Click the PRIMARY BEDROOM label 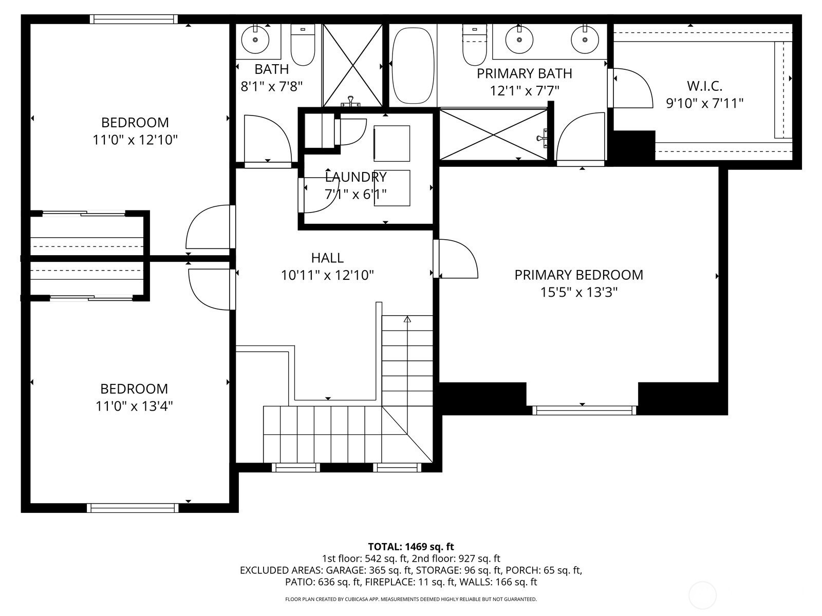[x=578, y=275]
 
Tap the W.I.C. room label [x=704, y=86]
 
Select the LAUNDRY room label [x=356, y=177]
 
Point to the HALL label [x=327, y=258]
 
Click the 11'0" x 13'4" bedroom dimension [x=134, y=406]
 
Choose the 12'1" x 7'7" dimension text [x=525, y=90]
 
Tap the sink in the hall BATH [x=255, y=40]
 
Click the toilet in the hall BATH [x=303, y=45]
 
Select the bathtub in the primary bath [x=413, y=66]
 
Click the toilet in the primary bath [x=475, y=45]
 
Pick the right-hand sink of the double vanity [x=585, y=40]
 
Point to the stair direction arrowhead [x=407, y=319]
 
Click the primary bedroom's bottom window [x=584, y=410]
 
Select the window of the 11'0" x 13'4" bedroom [x=133, y=508]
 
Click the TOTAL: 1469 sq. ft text [x=411, y=547]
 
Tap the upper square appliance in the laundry [x=391, y=144]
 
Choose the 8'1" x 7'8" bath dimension [x=271, y=87]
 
